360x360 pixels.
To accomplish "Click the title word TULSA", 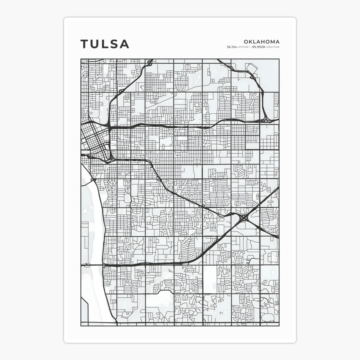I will pyautogui.click(x=105, y=44).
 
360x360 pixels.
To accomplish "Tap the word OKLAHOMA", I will pyautogui.click(x=262, y=42).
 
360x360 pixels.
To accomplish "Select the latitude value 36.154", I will pyautogui.click(x=231, y=47).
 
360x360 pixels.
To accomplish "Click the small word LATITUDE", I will pyautogui.click(x=242, y=47).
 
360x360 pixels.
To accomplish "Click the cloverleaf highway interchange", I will pyautogui.click(x=244, y=217).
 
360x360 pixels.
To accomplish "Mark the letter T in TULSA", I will pyautogui.click(x=85, y=44).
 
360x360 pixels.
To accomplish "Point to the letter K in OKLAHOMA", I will pyautogui.click(x=251, y=42).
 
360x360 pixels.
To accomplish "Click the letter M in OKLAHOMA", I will pyautogui.click(x=272, y=42).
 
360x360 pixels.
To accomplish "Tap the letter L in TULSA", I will pyautogui.click(x=105, y=44).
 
